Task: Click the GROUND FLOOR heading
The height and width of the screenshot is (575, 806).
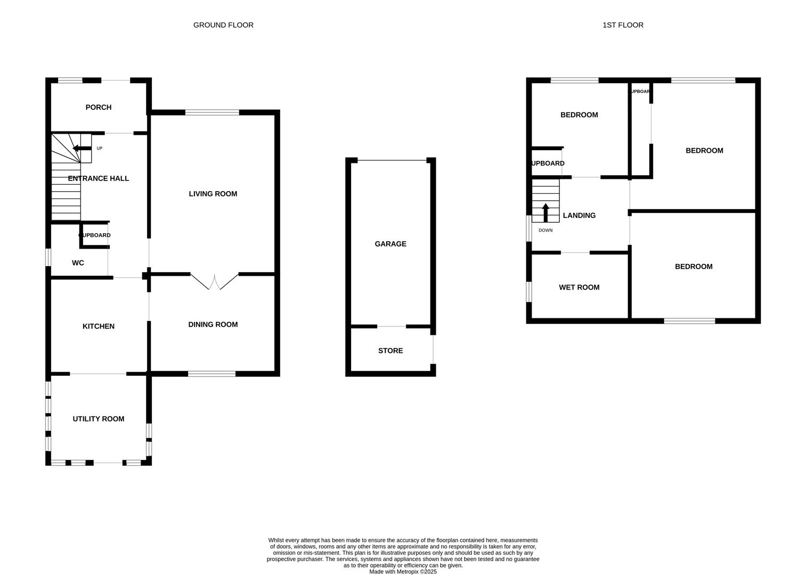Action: [x=223, y=25]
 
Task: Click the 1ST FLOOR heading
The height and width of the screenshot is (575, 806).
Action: [x=623, y=25]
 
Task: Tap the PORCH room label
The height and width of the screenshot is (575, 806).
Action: [x=99, y=108]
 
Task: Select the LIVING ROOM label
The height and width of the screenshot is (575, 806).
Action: [x=213, y=194]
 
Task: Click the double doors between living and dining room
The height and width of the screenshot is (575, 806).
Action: [x=215, y=281]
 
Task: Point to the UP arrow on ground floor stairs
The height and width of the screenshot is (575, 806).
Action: [x=82, y=149]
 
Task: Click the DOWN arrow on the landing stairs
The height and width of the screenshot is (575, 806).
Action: [x=546, y=212]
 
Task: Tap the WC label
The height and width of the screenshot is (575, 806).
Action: [x=78, y=263]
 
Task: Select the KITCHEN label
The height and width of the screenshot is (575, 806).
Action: [x=99, y=326]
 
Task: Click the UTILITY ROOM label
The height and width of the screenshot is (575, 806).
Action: [x=99, y=419]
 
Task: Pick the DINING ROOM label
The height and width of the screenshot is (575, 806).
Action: [x=213, y=325]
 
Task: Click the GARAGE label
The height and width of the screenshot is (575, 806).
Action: [x=390, y=244]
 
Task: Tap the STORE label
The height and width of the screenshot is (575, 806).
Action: [x=390, y=351]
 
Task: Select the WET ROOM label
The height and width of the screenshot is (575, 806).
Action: [x=579, y=287]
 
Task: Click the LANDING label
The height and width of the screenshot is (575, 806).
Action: [x=579, y=216]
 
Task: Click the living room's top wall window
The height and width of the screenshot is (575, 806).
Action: [x=212, y=112]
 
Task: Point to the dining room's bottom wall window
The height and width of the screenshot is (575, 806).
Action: [x=211, y=374]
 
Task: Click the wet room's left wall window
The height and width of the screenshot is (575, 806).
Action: [x=529, y=292]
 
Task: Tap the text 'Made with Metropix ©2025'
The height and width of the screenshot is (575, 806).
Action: [x=403, y=572]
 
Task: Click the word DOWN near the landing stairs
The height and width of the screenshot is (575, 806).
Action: [x=546, y=231]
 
